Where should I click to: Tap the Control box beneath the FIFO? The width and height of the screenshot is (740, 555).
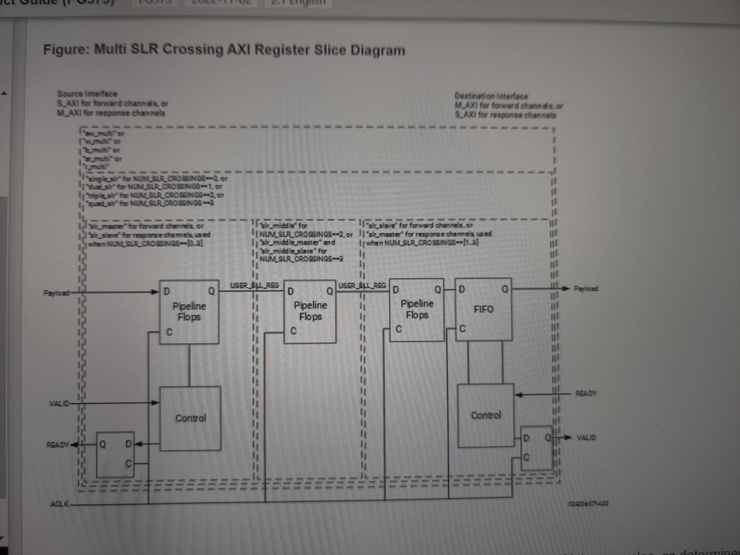(x=486, y=415)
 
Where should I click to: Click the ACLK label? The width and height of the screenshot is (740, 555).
(x=60, y=504)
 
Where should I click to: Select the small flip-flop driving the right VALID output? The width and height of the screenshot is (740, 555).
(x=536, y=448)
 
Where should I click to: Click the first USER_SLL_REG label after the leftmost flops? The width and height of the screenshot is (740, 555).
(x=254, y=285)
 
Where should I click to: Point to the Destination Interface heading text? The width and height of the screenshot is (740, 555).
(x=491, y=96)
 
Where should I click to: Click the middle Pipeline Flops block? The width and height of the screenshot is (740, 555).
(x=310, y=311)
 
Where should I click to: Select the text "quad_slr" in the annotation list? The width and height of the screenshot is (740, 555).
(x=100, y=203)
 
